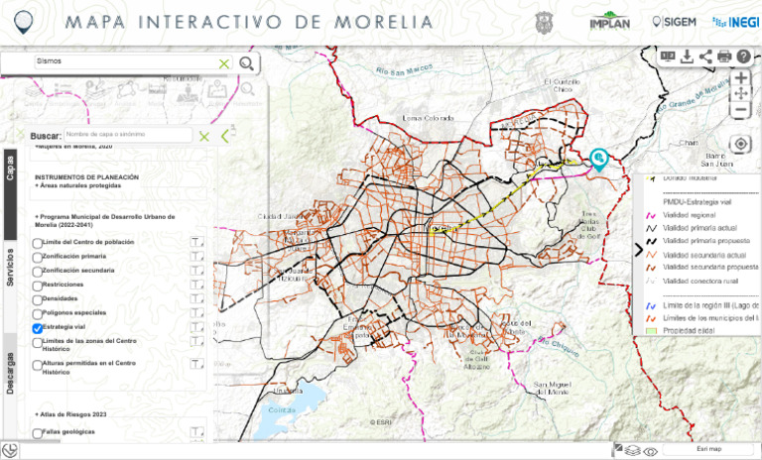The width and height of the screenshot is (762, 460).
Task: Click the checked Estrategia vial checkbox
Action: [x=38, y=328]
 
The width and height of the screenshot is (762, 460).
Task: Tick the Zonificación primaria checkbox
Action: [x=38, y=257]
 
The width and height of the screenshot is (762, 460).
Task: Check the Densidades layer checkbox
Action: [x=38, y=299]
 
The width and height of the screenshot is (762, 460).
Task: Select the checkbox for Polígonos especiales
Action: [x=38, y=313]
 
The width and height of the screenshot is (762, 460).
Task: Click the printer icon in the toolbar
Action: [x=724, y=57]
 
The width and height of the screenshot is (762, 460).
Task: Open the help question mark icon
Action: [x=744, y=57]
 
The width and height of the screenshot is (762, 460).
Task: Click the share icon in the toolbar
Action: [x=705, y=57]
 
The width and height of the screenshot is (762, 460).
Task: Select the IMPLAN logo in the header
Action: [x=609, y=22]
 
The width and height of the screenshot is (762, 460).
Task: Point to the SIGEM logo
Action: [x=672, y=22]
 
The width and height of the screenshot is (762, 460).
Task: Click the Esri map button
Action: [x=708, y=449]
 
